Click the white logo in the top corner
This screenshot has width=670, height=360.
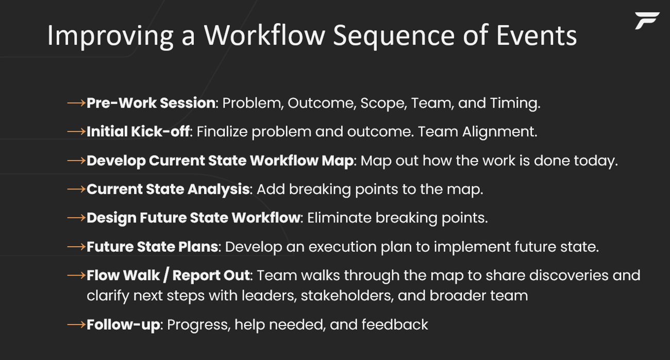(x=646, y=21)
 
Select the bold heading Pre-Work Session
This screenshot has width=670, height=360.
(x=150, y=103)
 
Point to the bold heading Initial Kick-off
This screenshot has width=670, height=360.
(x=138, y=132)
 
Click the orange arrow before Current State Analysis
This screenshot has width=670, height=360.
(x=76, y=190)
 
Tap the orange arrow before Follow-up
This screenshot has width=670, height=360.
(x=76, y=324)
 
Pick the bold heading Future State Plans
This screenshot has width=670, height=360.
(x=152, y=247)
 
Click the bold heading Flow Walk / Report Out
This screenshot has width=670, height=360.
(x=168, y=276)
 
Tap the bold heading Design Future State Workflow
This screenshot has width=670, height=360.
(x=193, y=218)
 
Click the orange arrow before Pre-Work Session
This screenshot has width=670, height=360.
(x=76, y=103)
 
